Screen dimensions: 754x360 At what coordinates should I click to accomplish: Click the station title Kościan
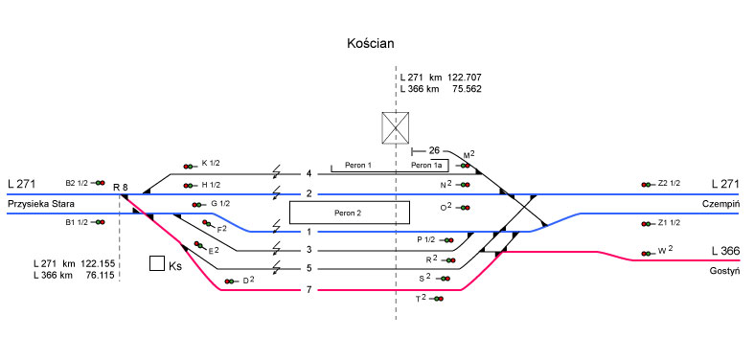tap(370, 44)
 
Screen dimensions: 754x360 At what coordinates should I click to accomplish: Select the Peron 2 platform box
tap(349, 213)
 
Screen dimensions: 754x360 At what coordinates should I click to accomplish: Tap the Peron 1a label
tap(428, 166)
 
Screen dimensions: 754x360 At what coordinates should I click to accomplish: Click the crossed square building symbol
tap(396, 128)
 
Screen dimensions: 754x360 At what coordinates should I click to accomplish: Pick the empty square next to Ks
tap(157, 264)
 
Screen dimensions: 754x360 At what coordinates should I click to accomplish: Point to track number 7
tap(309, 290)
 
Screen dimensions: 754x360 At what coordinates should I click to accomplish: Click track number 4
tap(309, 173)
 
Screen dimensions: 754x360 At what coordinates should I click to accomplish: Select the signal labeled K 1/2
tap(190, 167)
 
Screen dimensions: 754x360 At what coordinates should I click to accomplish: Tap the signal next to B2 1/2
tap(100, 183)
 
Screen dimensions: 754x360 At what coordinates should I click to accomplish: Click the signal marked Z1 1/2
tap(648, 224)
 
